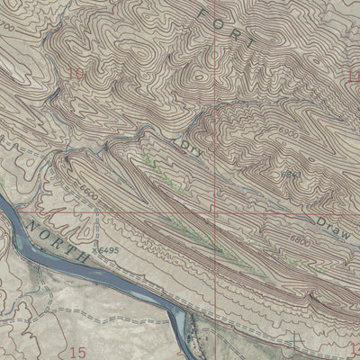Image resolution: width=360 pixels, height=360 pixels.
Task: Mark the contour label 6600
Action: point(88,190)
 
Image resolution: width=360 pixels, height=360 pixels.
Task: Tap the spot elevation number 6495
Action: point(107,251)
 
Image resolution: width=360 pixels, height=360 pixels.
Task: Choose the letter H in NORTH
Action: point(82,257)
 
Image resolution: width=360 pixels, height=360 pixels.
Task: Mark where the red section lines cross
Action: point(215,213)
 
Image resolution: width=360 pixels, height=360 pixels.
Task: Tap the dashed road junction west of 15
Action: point(27,317)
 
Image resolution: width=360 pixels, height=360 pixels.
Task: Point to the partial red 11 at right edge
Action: point(355,74)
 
